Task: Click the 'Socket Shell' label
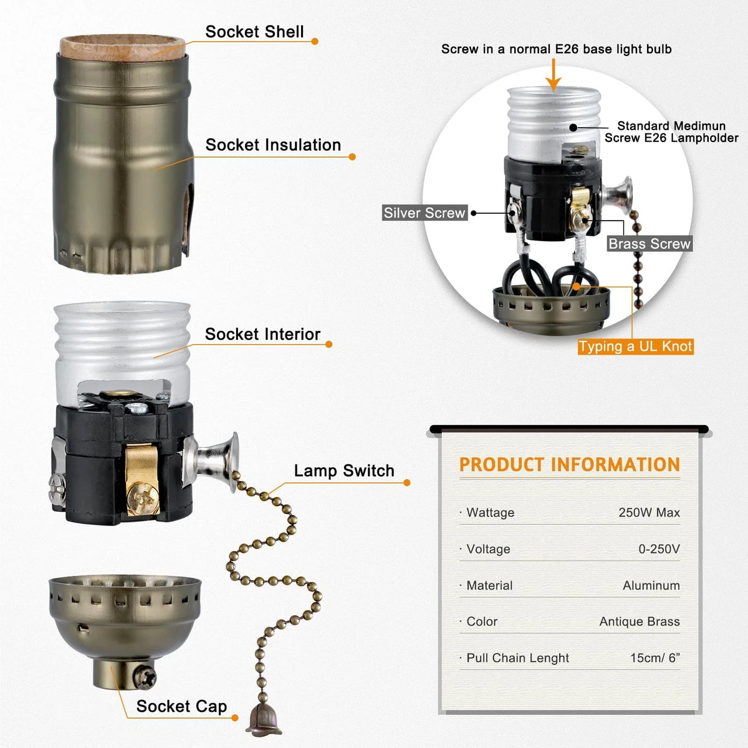tap(254, 31)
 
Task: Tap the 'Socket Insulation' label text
tap(273, 145)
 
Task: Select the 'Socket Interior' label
tap(262, 334)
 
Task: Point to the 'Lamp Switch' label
tap(344, 471)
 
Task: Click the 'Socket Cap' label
tap(181, 706)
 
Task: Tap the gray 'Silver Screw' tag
tap(424, 213)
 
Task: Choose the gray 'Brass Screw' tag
tap(650, 243)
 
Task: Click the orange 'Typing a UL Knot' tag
tap(635, 346)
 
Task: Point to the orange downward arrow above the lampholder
tap(553, 75)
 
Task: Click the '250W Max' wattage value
tap(649, 512)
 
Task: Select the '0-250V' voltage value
tap(659, 549)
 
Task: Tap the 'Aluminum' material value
tap(651, 585)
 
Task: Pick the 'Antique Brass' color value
tap(640, 621)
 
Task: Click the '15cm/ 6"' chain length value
tap(655, 658)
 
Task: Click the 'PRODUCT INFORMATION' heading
tap(570, 464)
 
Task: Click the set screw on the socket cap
tap(145, 677)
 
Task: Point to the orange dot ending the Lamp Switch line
tap(407, 482)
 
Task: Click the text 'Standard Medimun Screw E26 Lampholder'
tap(671, 132)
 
